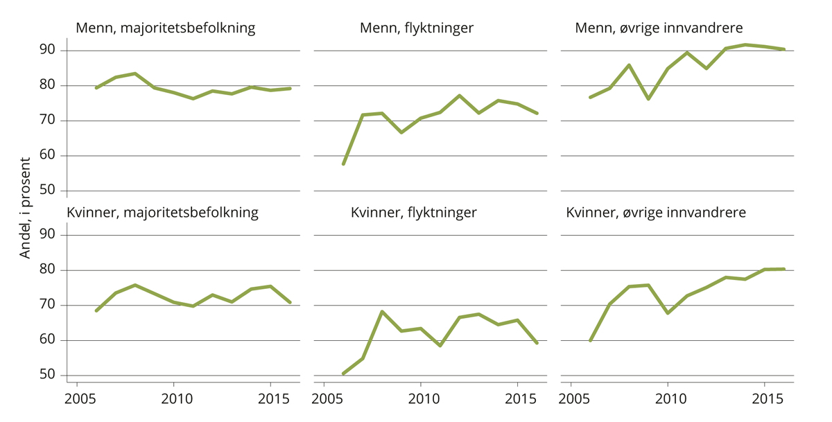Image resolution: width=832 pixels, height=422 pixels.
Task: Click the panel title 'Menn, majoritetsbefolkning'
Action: coord(165,28)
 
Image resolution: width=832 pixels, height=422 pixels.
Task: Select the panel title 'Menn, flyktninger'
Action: coord(416,28)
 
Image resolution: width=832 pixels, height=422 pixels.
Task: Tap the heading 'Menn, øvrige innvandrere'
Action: coord(659,28)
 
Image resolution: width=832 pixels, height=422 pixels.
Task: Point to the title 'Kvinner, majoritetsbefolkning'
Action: coord(162,213)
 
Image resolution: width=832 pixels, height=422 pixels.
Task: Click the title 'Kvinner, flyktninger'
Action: coord(413,213)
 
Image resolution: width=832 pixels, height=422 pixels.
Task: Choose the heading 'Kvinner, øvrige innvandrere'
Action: coord(656,213)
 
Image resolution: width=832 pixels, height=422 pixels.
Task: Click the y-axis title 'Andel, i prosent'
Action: coord(25,208)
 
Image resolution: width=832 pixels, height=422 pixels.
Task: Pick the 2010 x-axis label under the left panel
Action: coord(173,401)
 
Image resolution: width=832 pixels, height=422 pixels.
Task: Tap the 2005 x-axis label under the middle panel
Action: coord(324,401)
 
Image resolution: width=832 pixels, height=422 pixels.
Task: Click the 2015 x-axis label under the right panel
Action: coord(765,401)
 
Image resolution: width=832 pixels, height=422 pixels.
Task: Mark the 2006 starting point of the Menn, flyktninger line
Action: coord(343,164)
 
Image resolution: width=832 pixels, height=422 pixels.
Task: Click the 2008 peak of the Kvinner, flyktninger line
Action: coord(382,312)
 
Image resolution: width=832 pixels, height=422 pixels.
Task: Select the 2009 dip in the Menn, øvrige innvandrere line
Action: coord(648,99)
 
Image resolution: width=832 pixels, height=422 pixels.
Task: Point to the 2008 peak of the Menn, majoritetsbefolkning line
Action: coord(135,73)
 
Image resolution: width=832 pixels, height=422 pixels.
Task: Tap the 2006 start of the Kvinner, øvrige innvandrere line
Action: coord(590,340)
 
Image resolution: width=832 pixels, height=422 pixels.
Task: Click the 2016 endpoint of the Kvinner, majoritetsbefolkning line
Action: coord(290,302)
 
